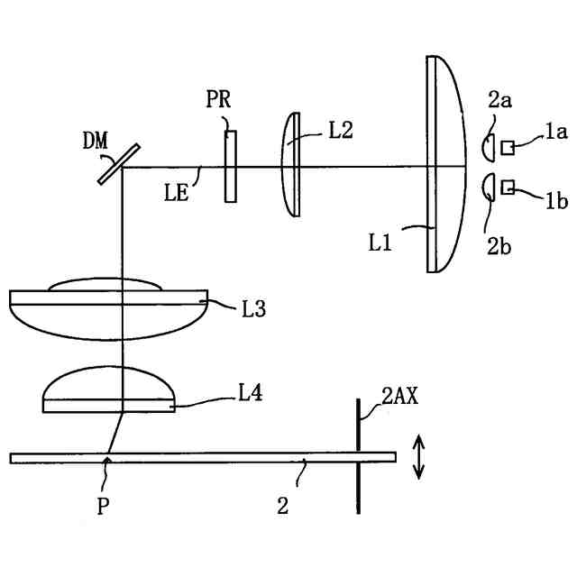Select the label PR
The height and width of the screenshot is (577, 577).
218,100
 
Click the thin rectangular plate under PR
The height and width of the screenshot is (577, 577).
231,166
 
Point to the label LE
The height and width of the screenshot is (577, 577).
177,190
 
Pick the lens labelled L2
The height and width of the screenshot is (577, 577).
291,164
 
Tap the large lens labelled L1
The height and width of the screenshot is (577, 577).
441,164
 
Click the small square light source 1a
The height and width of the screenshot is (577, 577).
508,147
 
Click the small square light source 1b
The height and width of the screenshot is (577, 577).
508,187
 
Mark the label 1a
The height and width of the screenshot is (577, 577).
554,133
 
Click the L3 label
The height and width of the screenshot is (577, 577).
253,309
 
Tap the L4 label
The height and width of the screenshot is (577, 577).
251,393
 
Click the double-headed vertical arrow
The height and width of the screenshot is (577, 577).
417,457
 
